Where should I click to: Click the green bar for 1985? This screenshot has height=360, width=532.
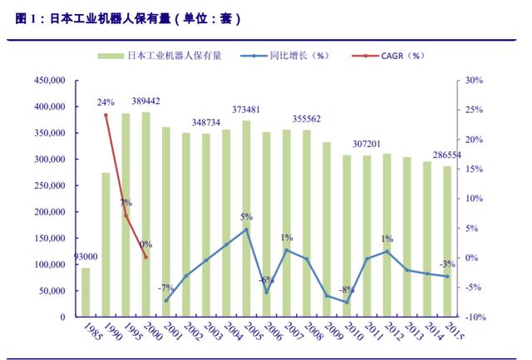(x=86, y=292)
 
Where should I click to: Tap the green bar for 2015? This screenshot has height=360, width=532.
(x=446, y=241)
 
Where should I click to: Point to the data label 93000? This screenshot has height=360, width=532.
(x=86, y=257)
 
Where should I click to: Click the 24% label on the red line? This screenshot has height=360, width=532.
(x=106, y=102)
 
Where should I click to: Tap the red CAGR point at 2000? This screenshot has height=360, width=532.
(x=145, y=257)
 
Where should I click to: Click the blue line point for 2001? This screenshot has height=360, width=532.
(x=166, y=300)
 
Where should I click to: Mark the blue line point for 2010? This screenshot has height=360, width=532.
(x=347, y=302)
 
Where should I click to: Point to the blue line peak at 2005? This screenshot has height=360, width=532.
(x=246, y=229)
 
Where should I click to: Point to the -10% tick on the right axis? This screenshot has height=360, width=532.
(x=473, y=317)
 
